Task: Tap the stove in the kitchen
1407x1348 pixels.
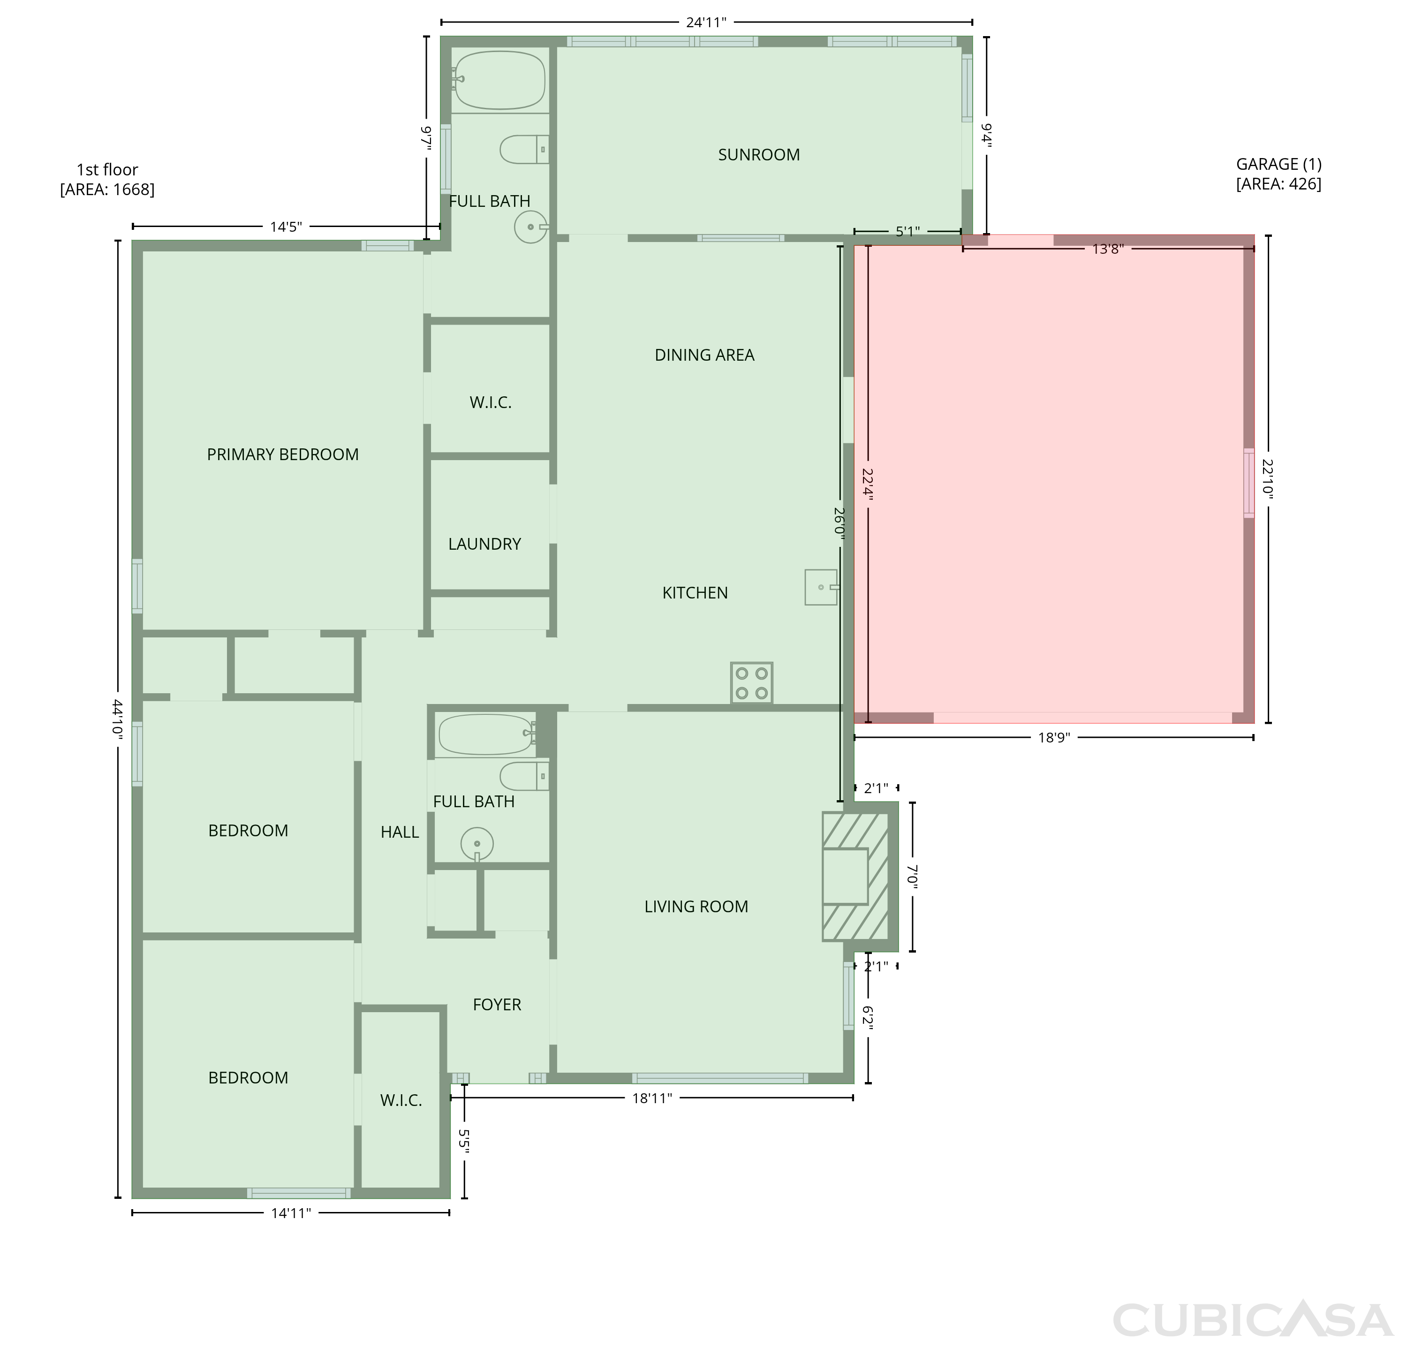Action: (x=752, y=682)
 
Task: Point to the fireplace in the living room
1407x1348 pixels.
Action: (x=855, y=877)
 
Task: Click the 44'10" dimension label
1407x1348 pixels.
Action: (x=118, y=719)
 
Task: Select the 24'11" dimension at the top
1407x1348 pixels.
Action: (x=706, y=22)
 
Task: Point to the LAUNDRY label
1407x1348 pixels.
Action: (x=484, y=544)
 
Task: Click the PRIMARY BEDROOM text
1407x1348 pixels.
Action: (x=283, y=454)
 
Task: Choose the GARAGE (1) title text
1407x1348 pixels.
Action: (x=1278, y=164)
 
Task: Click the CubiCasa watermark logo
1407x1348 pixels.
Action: (x=1253, y=1320)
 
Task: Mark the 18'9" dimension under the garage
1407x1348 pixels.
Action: (x=1054, y=738)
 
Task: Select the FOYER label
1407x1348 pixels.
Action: (x=497, y=1005)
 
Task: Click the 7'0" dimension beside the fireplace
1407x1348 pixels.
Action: (x=912, y=877)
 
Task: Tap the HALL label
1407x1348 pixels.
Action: (x=400, y=833)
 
